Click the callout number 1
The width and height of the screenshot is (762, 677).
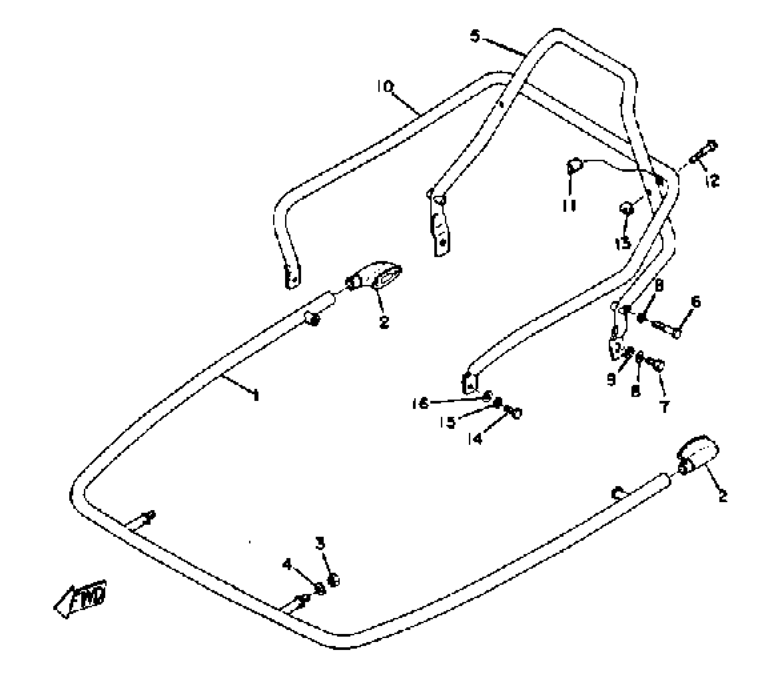tap(256, 395)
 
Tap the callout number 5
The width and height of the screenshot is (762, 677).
tap(475, 36)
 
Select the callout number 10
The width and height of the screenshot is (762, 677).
tap(385, 86)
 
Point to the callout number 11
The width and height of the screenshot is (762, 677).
tap(569, 206)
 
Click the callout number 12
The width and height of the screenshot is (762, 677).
tap(712, 181)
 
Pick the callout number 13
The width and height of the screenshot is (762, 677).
tap(623, 243)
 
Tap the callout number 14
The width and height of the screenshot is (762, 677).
tap(475, 439)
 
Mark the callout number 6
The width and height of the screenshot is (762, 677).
tap(696, 302)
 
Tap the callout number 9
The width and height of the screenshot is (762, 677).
tap(611, 380)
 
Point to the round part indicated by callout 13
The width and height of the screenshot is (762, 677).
tap(626, 207)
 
